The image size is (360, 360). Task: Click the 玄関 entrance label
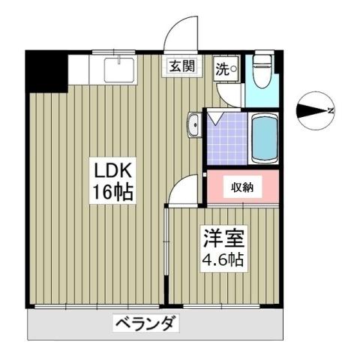(x=181, y=66)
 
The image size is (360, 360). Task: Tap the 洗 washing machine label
(x=223, y=68)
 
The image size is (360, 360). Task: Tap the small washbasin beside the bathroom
(x=193, y=125)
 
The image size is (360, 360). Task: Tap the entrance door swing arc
(x=180, y=33)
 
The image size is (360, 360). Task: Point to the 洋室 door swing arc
(x=182, y=190)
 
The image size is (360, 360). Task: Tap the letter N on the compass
(x=331, y=112)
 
